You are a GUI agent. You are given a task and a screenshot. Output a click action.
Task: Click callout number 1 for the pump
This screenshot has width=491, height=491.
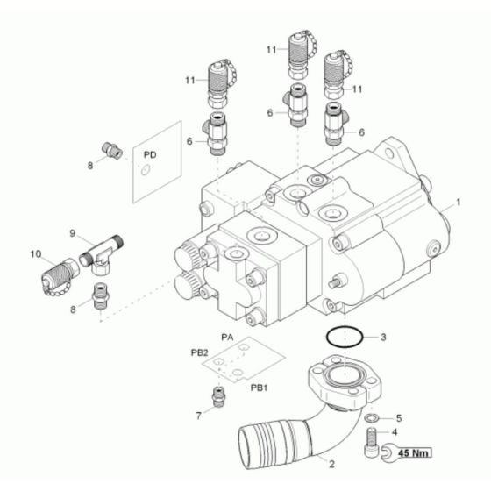coord(459,202)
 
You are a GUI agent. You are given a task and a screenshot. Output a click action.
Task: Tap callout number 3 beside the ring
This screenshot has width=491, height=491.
coord(382,337)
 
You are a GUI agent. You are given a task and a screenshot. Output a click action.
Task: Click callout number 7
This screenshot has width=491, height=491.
coord(198,416)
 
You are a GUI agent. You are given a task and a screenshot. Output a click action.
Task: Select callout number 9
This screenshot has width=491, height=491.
coord(74,235)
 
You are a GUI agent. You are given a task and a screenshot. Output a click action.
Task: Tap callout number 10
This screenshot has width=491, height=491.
coord(36,254)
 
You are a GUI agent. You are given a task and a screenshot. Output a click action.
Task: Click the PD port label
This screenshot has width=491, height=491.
coord(150,154)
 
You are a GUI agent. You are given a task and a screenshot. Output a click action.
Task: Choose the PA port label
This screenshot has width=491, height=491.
coord(227,337)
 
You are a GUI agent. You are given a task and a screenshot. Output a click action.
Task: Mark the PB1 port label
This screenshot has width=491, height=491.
coord(260,387)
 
